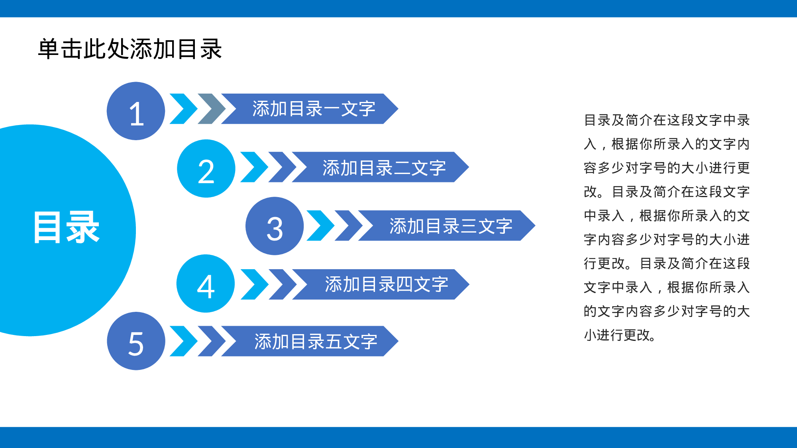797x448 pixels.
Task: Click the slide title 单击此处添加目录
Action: point(130,49)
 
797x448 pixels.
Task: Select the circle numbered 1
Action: point(136,111)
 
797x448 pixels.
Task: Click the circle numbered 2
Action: point(206,168)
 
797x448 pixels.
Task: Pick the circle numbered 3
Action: point(275,226)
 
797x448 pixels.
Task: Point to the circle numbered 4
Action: point(206,284)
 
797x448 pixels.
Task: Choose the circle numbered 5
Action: point(136,341)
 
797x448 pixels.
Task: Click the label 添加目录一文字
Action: point(314,109)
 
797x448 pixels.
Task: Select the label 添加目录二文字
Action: point(384,168)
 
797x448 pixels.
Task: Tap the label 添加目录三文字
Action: point(451,226)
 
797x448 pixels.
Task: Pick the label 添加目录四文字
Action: point(387,284)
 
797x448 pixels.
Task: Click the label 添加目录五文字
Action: point(316,341)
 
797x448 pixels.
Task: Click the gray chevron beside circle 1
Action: point(212,109)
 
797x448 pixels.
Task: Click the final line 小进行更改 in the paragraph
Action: point(620,335)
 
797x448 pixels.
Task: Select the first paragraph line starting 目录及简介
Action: point(667,120)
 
